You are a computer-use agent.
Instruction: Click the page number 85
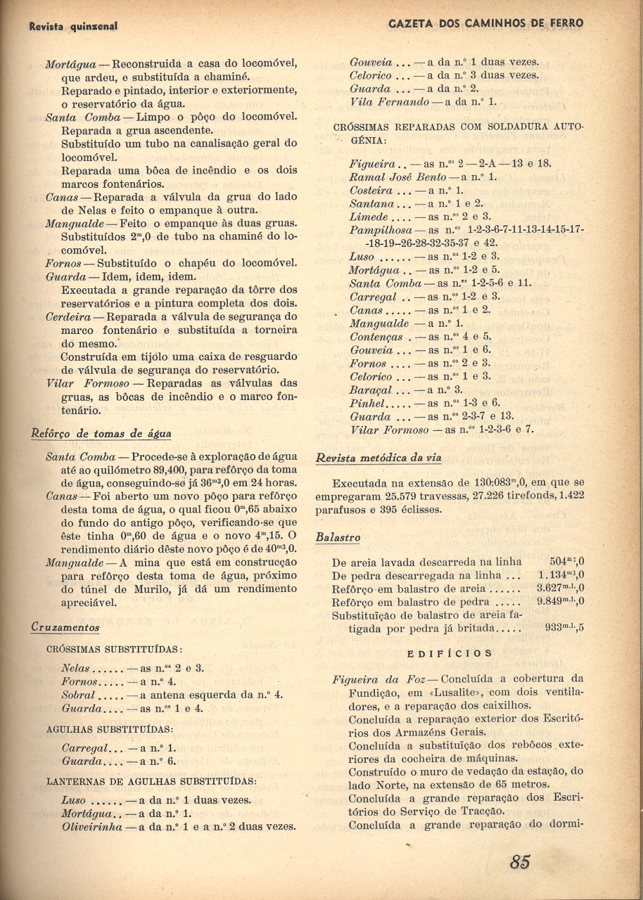click(x=520, y=861)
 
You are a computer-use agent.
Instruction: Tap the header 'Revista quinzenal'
click(x=73, y=26)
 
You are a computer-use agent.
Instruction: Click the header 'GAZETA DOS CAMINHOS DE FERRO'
click(x=486, y=24)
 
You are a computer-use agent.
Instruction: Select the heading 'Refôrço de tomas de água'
click(x=101, y=434)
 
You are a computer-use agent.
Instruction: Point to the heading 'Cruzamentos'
click(x=65, y=627)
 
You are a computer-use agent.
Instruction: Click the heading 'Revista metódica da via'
click(x=378, y=458)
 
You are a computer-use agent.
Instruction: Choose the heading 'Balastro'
click(x=338, y=538)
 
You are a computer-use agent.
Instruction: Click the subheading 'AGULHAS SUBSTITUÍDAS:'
click(x=109, y=730)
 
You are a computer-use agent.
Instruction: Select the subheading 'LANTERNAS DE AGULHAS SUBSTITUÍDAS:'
click(x=151, y=782)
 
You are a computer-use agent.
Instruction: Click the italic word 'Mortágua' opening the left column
click(x=70, y=64)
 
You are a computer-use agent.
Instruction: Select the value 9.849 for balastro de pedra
click(x=550, y=602)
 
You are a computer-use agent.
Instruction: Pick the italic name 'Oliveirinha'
click(x=92, y=827)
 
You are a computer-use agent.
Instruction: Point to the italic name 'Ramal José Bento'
click(x=397, y=177)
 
